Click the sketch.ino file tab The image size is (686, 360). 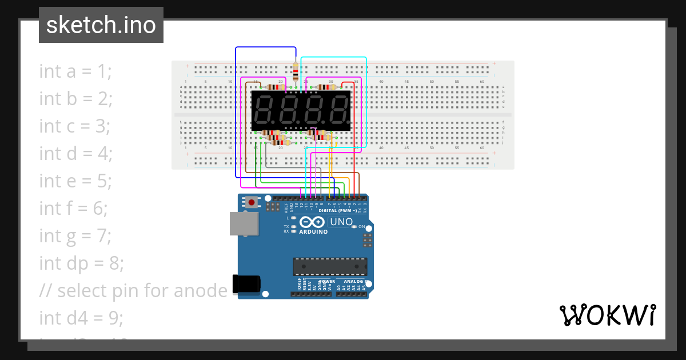101,25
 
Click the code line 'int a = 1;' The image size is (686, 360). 75,71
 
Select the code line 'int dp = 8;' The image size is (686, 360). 81,263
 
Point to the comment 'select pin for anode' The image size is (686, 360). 142,291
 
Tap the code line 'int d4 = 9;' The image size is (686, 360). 81,318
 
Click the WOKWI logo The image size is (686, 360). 607,315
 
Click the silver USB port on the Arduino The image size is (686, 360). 242,223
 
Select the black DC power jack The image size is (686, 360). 247,284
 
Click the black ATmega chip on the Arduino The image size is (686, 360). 330,266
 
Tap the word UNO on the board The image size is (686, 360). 341,221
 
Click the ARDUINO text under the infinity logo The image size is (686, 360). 313,232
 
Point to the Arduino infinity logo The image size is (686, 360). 312,222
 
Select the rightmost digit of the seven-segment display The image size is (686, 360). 337,110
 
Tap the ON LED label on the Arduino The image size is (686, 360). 362,227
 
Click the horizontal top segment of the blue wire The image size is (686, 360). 266,47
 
